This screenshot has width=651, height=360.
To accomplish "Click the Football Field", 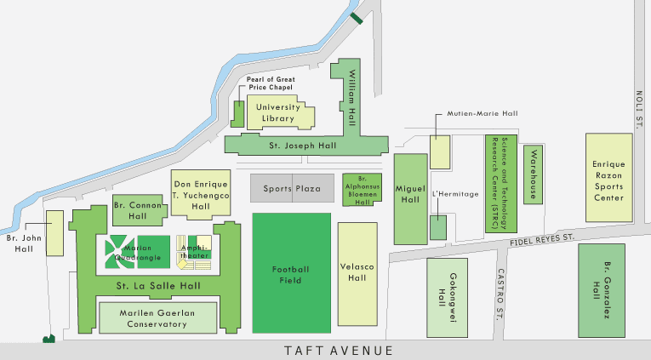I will point(291,273).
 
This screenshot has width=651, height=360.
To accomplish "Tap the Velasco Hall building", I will point(357,272).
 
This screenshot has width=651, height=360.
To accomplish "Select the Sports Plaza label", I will point(290,188).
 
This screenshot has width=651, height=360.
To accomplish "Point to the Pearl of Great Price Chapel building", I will point(237,114).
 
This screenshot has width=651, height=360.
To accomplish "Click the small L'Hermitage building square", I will point(437,227).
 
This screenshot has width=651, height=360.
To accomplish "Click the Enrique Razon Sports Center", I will point(608,179).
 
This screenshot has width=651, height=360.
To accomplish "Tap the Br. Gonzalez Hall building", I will point(608,289).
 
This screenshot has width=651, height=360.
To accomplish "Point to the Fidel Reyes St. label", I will point(543,242).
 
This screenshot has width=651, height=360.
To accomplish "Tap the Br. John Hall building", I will point(55,232).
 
